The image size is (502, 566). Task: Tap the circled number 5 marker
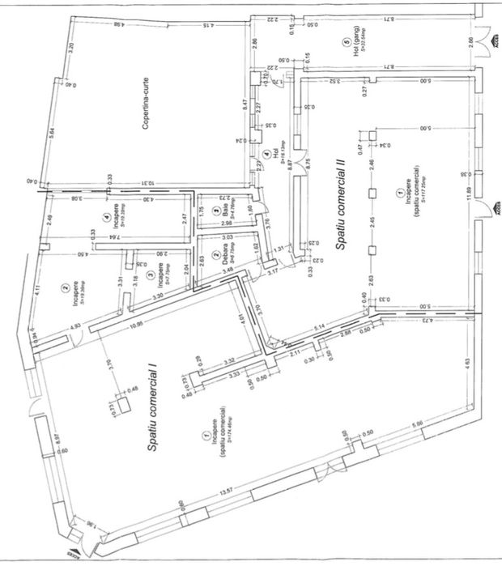tap(346, 41)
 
